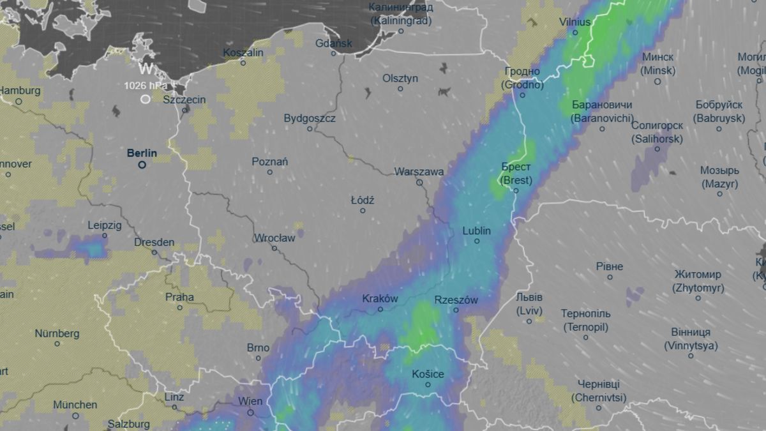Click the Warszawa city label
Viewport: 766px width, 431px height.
click(x=419, y=172)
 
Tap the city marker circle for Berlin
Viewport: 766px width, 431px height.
click(x=143, y=165)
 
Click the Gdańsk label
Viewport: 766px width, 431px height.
click(x=334, y=43)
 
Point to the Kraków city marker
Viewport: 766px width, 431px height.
click(x=380, y=309)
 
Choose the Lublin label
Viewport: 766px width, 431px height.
click(x=477, y=231)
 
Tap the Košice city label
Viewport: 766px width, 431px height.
click(x=427, y=374)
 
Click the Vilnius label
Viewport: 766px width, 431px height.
click(x=574, y=21)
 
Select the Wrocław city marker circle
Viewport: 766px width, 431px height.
click(x=274, y=248)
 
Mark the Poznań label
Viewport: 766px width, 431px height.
click(x=270, y=162)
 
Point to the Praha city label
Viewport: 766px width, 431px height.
click(x=179, y=297)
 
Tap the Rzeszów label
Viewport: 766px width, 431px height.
click(x=456, y=300)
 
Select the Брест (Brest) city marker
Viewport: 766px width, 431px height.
click(x=516, y=190)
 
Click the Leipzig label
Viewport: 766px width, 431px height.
click(x=105, y=225)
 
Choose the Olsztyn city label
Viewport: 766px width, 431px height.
click(x=400, y=78)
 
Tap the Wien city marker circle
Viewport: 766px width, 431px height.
click(x=251, y=412)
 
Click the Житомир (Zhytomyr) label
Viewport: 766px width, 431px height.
click(x=698, y=281)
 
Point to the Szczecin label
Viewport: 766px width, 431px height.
click(x=184, y=100)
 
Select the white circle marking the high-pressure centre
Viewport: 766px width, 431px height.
click(x=146, y=99)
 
